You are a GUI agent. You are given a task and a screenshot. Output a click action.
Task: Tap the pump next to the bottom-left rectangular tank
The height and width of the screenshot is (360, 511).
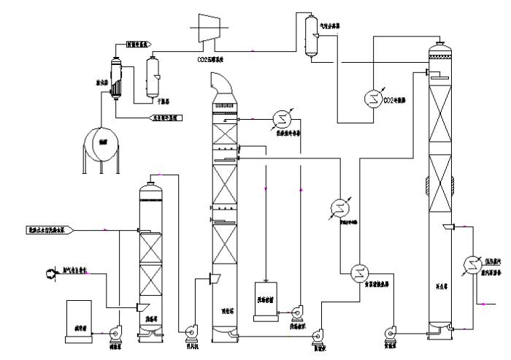pos(115,334)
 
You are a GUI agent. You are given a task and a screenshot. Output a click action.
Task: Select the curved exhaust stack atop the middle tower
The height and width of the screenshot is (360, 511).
pos(222,88)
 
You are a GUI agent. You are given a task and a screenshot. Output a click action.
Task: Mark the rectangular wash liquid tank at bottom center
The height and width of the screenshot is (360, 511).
pos(266,302)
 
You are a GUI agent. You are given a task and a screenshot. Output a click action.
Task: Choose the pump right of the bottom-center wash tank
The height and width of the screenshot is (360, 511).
pos(297,312)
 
